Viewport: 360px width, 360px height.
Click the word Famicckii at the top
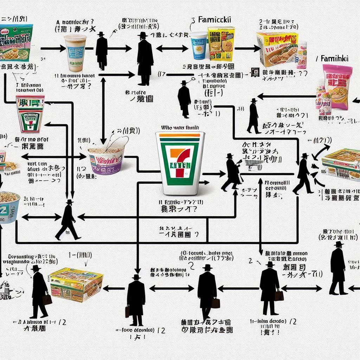click(215, 19)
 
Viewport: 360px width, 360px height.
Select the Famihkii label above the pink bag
click(334, 59)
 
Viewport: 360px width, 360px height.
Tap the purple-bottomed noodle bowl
click(105, 160)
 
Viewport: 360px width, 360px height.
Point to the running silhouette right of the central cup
click(232, 172)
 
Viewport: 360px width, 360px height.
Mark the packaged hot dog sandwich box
click(277, 49)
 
